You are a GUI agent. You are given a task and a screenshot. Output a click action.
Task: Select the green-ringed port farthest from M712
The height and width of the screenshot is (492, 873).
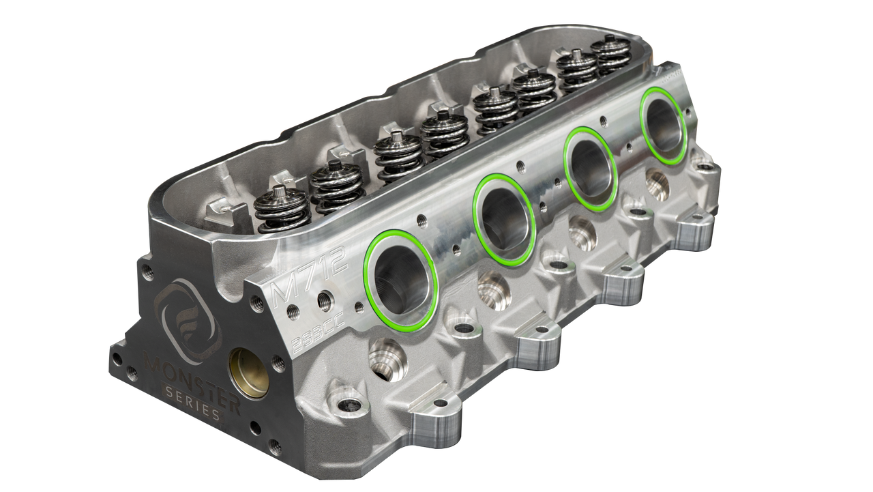(664, 126)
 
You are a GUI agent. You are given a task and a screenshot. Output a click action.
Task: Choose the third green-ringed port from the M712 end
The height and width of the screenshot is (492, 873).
(591, 168)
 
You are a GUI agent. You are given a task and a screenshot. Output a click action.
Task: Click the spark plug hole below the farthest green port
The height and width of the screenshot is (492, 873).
(657, 182)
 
